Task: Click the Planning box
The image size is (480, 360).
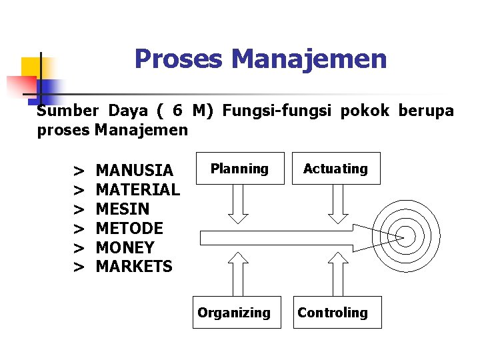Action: pos(239,169)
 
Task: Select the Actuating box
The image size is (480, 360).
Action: pos(335,169)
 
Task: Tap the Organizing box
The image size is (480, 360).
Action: pos(234,313)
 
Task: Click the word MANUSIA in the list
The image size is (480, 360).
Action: pos(135,171)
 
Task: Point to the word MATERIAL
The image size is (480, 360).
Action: pos(138,190)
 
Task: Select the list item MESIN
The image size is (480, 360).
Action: pos(123,209)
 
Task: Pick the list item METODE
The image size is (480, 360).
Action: pos(129,229)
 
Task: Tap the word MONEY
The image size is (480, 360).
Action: pos(125,247)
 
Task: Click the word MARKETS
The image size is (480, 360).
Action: pos(134,267)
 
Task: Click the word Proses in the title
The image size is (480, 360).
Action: pos(179,59)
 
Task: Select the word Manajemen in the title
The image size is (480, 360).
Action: pos(309,59)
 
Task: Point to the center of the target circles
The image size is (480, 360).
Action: pos(405,236)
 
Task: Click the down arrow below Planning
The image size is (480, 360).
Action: pos(239,203)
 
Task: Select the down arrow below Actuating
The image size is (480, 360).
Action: pos(338,203)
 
